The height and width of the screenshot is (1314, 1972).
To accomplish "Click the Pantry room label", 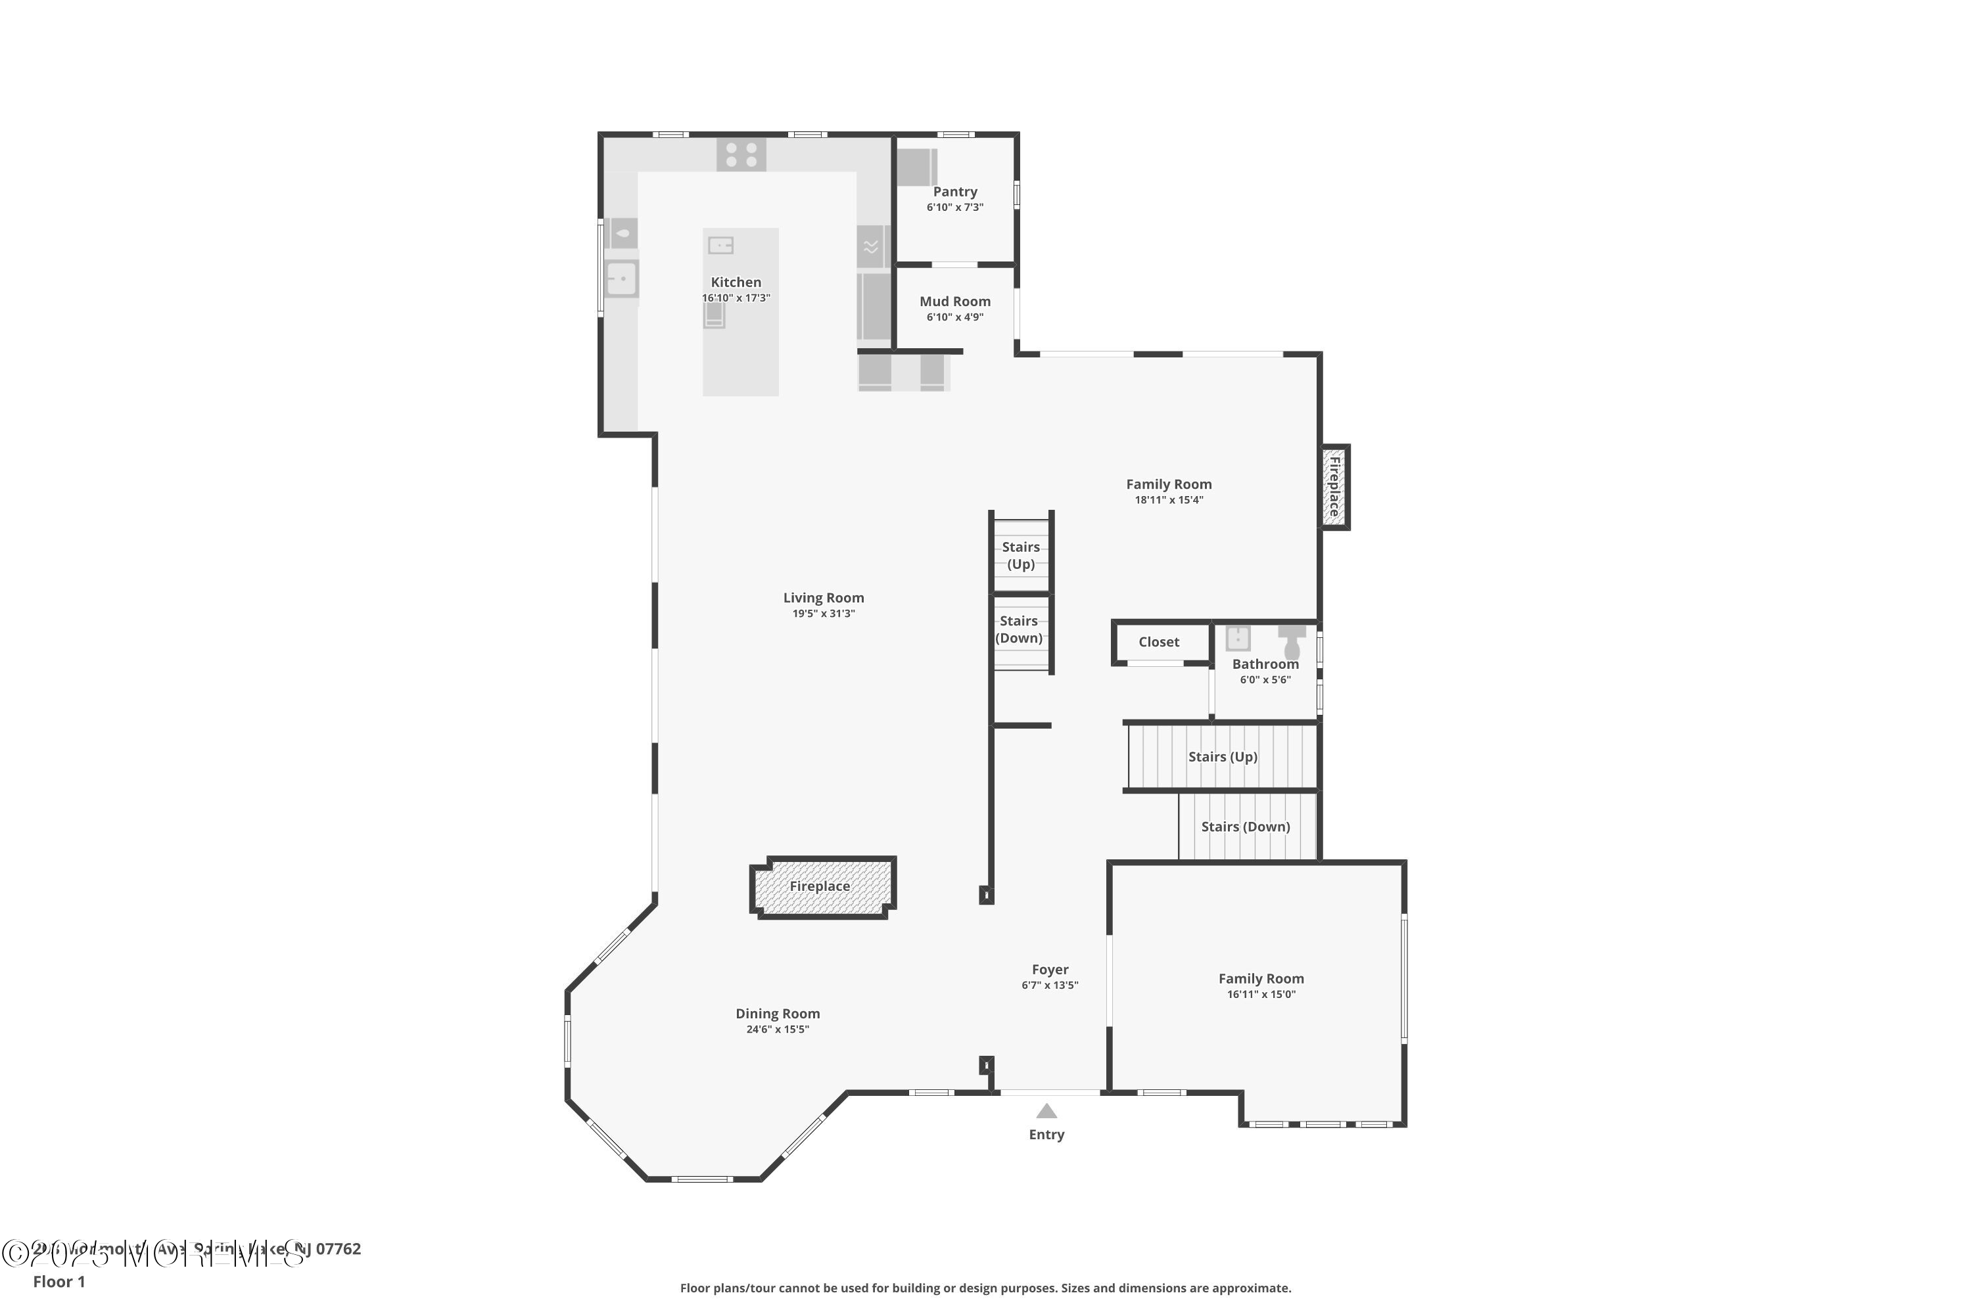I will pos(955,192).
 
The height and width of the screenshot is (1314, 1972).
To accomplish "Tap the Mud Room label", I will pos(955,302).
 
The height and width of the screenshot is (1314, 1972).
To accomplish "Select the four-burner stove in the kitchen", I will pos(741,155).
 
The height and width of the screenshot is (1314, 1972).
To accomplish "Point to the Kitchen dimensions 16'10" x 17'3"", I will pos(736,298).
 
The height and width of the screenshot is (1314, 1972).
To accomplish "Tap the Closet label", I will pos(1159,642).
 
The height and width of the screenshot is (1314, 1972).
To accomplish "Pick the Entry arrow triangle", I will pos(1046,1111).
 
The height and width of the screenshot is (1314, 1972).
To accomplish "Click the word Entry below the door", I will pos(1046,1135).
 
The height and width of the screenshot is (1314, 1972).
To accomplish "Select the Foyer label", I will pos(1050,970).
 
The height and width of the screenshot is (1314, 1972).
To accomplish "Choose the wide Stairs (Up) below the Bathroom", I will pos(1223,757).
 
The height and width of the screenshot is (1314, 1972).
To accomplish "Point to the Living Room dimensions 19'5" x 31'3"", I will pos(824,614).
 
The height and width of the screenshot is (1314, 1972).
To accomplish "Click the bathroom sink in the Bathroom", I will pos(1238,639).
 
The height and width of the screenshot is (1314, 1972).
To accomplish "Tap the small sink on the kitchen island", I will pos(721,246).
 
